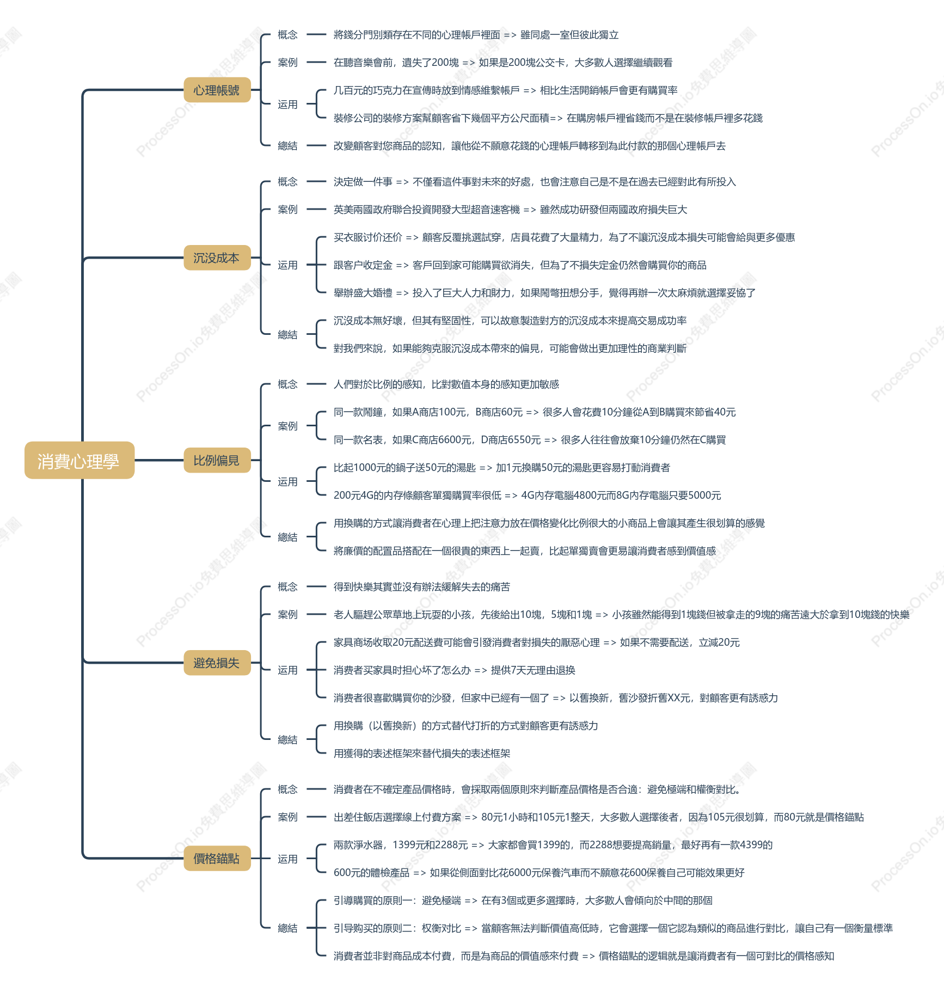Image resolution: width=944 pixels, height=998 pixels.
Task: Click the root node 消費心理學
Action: click(79, 461)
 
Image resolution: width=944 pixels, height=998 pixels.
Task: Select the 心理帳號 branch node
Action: click(217, 90)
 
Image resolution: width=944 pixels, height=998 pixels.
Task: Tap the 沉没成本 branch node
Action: click(217, 258)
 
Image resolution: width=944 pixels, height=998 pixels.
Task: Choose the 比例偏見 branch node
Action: click(217, 460)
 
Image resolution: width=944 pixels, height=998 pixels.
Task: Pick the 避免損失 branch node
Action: click(217, 663)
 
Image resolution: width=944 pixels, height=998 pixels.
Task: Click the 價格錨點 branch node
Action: click(217, 858)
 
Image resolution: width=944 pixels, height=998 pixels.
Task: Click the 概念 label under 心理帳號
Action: click(287, 35)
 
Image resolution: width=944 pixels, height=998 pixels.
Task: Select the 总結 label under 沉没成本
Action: click(287, 334)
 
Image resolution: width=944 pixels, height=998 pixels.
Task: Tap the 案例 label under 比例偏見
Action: click(287, 426)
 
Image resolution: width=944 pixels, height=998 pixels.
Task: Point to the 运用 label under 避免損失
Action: click(287, 670)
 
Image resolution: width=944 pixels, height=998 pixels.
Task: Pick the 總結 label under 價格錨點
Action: click(287, 928)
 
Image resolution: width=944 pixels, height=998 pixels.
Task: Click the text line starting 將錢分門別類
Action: click(476, 35)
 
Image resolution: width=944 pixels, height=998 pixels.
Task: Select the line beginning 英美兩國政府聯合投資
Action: click(510, 210)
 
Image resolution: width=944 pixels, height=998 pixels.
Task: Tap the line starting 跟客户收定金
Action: click(520, 265)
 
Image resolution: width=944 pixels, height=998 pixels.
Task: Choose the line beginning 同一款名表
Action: click(530, 440)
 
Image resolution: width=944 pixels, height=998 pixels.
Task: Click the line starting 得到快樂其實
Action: click(422, 587)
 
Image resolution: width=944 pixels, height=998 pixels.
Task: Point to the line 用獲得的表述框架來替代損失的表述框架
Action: click(422, 754)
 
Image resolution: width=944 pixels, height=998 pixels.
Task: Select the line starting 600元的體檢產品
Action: click(539, 873)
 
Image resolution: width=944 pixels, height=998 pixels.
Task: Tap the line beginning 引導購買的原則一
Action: click(523, 901)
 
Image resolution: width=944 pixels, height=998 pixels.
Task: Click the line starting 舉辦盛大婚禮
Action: click(544, 293)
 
